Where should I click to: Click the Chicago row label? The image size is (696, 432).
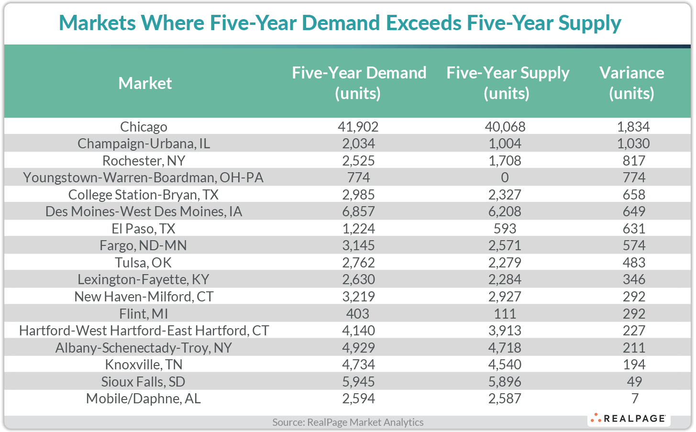click(144, 127)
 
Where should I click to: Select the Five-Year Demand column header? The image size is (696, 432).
click(359, 83)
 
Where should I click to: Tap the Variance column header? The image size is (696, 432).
click(631, 83)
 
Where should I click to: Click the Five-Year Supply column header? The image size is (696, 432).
click(507, 83)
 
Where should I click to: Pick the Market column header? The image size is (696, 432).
click(145, 83)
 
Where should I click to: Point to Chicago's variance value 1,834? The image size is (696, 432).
click(633, 127)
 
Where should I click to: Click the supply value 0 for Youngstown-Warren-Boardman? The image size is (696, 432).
click(505, 177)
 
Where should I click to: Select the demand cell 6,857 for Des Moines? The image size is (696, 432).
click(359, 211)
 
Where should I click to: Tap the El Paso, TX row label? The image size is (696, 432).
click(144, 229)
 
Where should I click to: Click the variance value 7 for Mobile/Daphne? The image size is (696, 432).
click(634, 399)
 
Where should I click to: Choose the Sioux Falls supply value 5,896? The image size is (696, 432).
click(505, 382)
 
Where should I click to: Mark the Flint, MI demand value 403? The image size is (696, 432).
click(358, 314)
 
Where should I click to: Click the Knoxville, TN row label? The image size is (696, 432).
click(144, 365)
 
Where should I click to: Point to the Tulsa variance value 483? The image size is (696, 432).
click(634, 263)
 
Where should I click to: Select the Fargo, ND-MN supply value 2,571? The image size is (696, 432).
click(505, 245)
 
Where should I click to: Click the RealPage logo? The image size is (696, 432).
click(629, 419)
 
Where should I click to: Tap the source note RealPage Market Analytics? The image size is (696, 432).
click(348, 422)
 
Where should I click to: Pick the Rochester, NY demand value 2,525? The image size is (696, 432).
click(359, 161)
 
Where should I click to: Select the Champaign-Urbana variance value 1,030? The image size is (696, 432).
click(633, 144)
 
